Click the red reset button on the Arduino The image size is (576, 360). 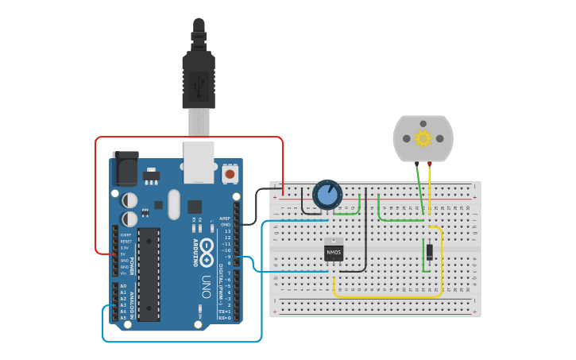tap(230, 172)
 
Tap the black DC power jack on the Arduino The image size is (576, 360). tap(125, 168)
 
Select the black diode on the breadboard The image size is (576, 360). tap(429, 252)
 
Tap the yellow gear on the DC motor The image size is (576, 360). tap(423, 138)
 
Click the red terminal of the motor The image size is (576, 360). tap(430, 165)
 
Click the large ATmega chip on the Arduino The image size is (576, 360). tap(148, 273)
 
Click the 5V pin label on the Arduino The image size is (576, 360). tap(125, 254)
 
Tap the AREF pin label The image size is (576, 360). tap(226, 218)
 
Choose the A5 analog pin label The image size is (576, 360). tap(123, 317)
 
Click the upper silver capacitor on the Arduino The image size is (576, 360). tap(129, 200)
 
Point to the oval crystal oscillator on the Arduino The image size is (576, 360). tap(174, 203)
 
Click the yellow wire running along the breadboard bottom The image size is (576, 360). tap(381, 296)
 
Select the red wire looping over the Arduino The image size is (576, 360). tap(191, 137)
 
